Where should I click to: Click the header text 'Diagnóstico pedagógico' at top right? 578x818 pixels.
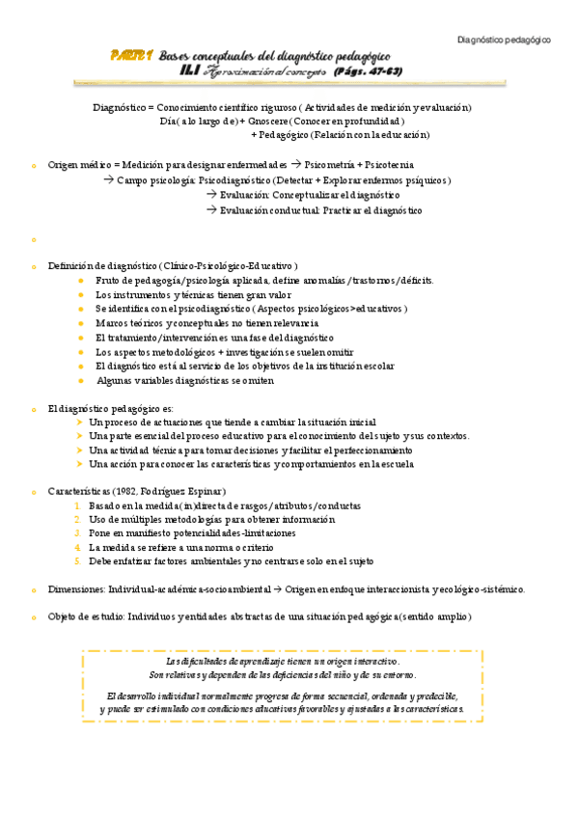point(503,41)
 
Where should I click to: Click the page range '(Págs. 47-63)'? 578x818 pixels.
point(367,71)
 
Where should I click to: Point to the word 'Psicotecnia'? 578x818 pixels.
point(393,165)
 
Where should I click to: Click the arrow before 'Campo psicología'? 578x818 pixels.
point(109,180)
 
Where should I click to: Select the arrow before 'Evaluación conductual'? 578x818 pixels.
point(211,210)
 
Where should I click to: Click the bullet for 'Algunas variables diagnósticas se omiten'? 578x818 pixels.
point(81,381)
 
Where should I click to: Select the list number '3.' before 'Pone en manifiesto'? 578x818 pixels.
point(78,533)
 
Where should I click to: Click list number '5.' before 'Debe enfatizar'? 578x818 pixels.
point(78,561)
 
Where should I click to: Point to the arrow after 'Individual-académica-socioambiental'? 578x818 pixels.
point(278,589)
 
